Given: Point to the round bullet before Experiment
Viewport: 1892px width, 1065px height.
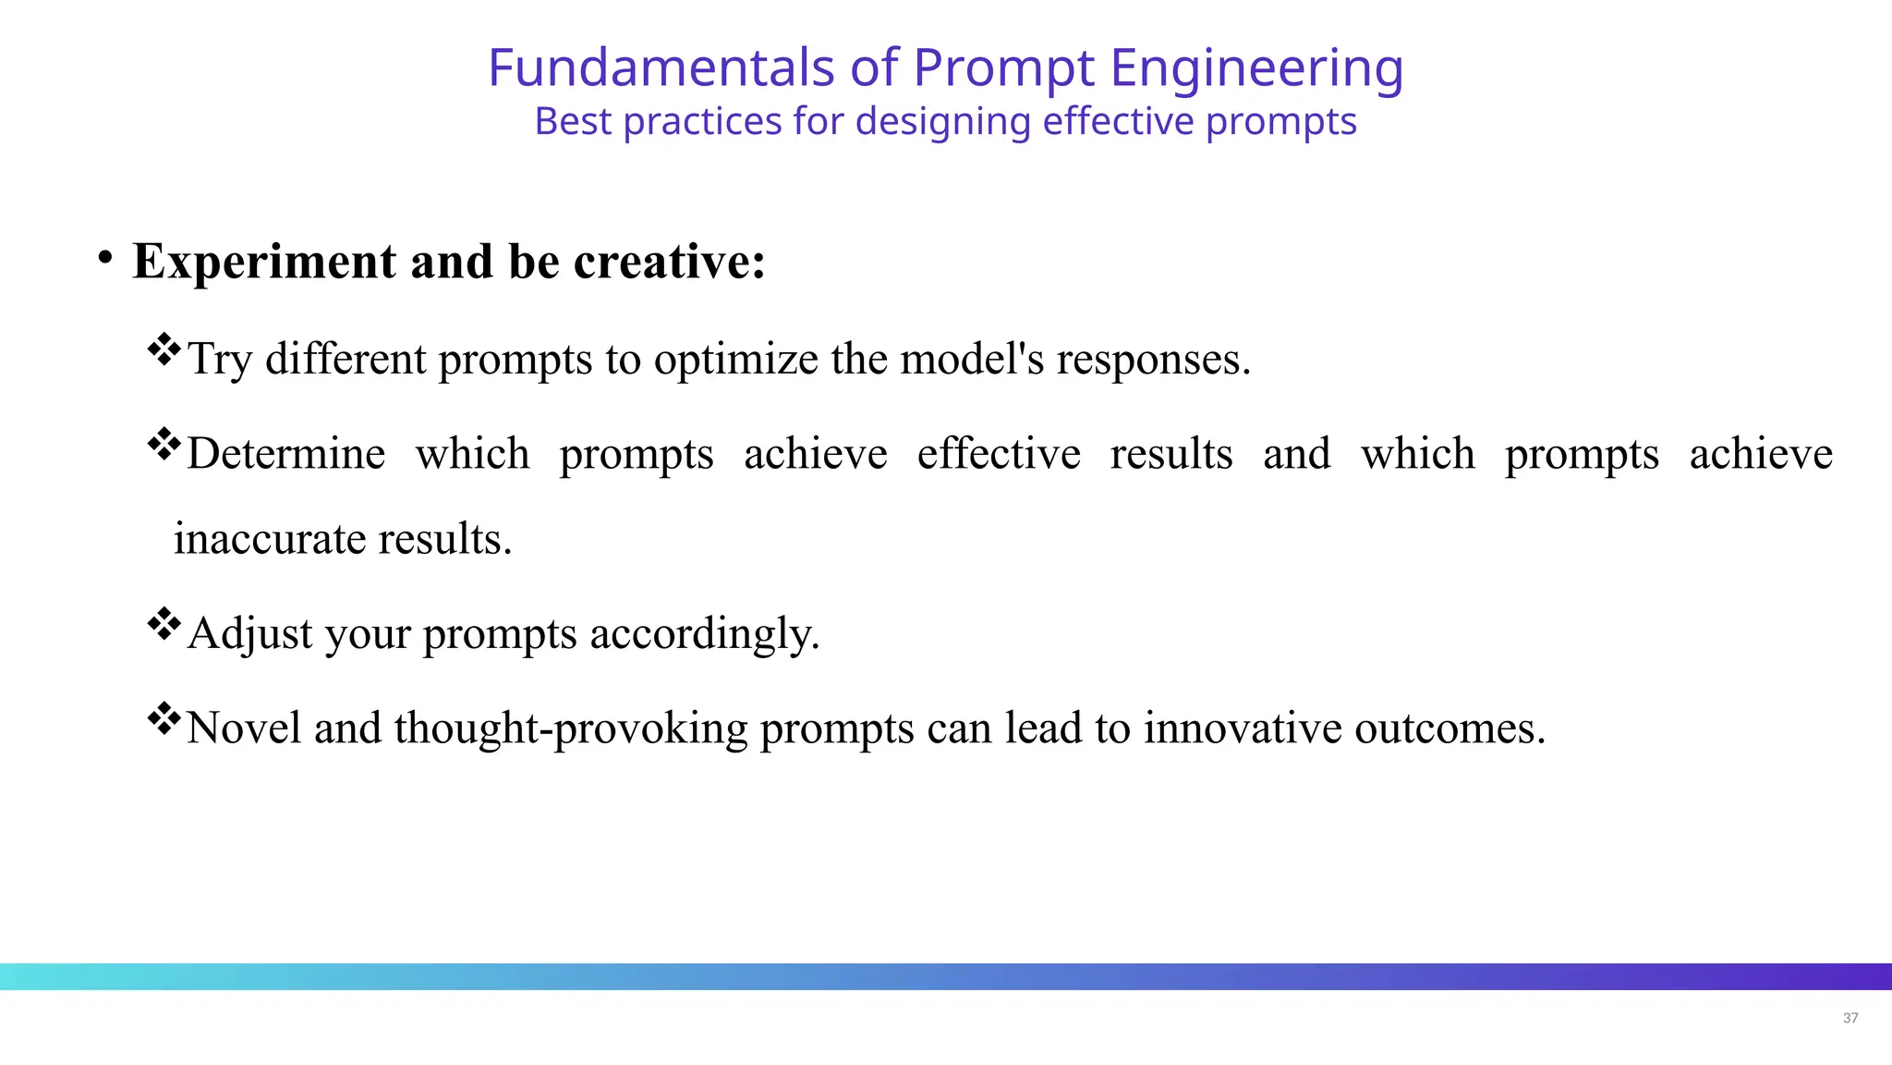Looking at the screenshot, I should pos(106,258).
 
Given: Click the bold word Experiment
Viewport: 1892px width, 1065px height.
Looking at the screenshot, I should pos(264,263).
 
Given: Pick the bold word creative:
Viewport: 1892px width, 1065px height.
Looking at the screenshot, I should pos(670,262).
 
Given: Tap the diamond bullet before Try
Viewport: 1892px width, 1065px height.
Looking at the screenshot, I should pos(164,349).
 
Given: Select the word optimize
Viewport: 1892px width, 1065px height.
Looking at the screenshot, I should pos(735,359).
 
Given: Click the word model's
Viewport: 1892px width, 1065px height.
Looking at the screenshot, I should pos(972,359).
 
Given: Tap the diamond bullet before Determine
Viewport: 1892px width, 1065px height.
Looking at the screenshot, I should pos(164,445).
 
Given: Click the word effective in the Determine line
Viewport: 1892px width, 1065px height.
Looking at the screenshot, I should pos(999,454).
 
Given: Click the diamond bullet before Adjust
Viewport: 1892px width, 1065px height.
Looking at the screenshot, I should pos(164,624).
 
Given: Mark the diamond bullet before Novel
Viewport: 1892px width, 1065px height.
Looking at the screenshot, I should pos(164,718).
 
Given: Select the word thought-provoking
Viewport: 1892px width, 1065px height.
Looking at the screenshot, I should pos(570,728).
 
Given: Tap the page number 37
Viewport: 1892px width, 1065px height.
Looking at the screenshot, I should pos(1850,1018).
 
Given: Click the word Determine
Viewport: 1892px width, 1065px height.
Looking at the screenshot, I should pos(285,454).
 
